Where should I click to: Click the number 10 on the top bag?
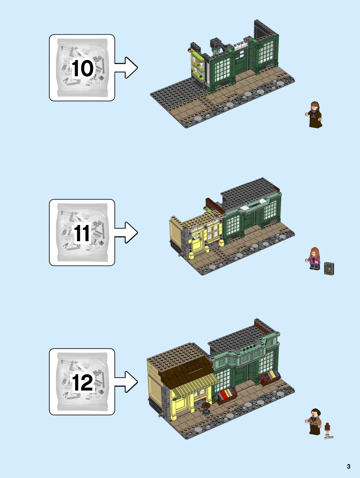82,68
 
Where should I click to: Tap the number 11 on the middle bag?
82,233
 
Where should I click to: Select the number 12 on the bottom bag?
82,382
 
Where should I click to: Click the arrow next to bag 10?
126,68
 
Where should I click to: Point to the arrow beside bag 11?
126,232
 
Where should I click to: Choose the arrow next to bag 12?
126,382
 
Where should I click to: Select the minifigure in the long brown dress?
315,115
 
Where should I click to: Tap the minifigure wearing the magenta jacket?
314,259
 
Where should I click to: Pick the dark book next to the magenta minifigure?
329,269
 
